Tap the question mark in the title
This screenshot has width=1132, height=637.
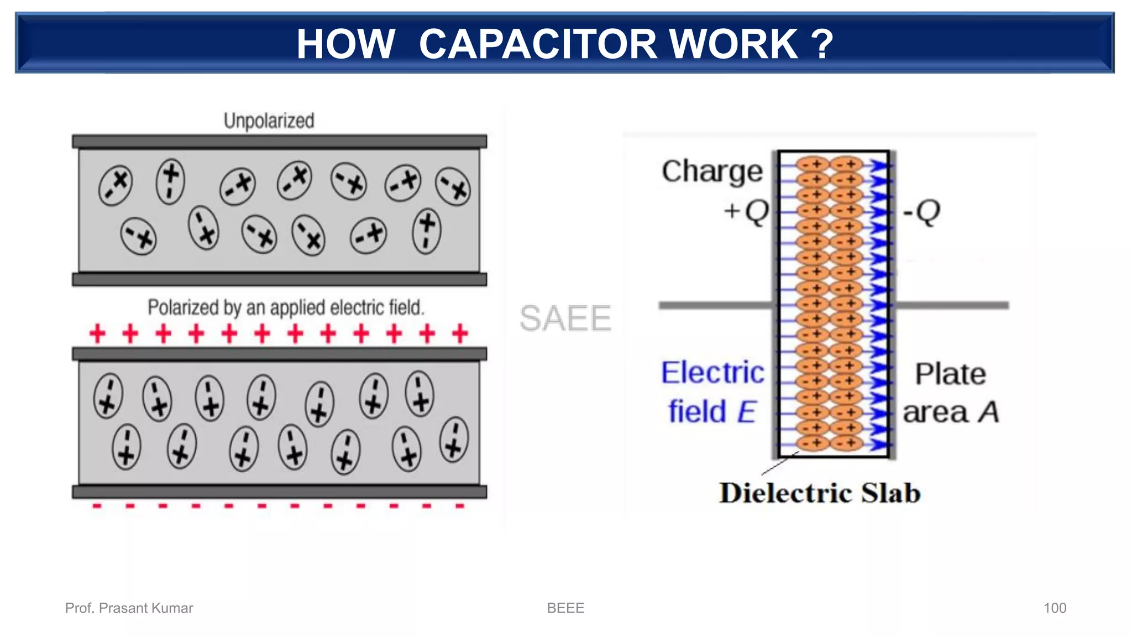822,44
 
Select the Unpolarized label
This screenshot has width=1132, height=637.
269,121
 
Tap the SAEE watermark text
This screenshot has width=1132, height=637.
565,318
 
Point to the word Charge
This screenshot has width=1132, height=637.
712,171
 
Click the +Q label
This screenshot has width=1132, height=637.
746,211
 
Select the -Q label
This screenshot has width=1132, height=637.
921,212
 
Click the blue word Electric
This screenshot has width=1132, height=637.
712,373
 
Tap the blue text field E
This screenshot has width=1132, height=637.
711,412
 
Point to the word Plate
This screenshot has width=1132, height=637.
950,374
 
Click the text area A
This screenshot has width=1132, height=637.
951,413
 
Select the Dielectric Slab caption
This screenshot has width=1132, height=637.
819,493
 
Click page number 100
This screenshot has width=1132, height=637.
1055,608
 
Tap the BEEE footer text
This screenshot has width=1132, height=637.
565,608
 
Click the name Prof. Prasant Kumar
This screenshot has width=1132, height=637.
129,608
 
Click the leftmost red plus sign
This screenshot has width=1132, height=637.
97,334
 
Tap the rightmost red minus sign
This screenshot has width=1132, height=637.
459,505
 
